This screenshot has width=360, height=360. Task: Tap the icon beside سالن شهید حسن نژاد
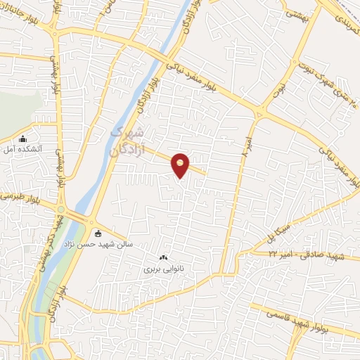[x=97, y=233]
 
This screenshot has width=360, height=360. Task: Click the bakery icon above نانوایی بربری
[x=165, y=258]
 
